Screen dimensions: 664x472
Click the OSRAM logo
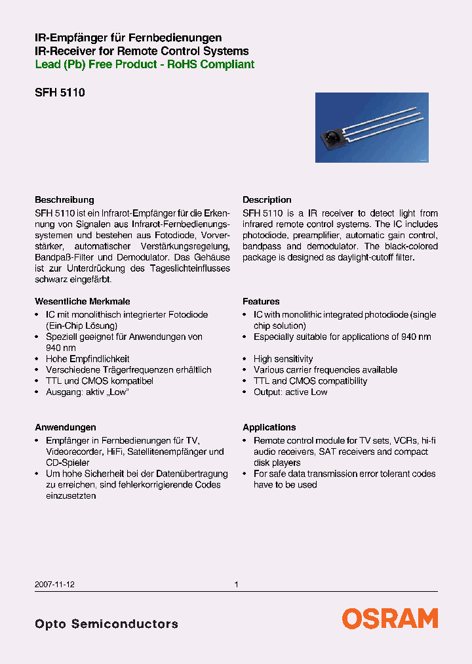click(x=389, y=619)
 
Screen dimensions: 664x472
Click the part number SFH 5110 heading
click(x=60, y=93)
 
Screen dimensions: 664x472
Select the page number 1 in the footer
click(x=236, y=584)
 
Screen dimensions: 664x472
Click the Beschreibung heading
click(x=64, y=199)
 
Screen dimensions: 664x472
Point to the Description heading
click(x=267, y=199)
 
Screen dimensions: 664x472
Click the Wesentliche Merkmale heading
click(x=82, y=301)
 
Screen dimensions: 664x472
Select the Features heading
click(x=261, y=301)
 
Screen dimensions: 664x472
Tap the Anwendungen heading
click(x=65, y=427)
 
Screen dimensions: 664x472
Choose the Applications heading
click(x=269, y=427)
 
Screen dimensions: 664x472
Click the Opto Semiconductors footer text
click(x=106, y=624)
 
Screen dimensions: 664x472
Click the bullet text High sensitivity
click(x=283, y=359)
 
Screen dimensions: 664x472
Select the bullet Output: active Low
click(x=290, y=392)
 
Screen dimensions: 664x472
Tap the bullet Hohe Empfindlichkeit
click(x=87, y=359)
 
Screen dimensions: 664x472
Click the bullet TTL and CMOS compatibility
click(x=310, y=381)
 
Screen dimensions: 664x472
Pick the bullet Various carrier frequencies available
click(x=325, y=370)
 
